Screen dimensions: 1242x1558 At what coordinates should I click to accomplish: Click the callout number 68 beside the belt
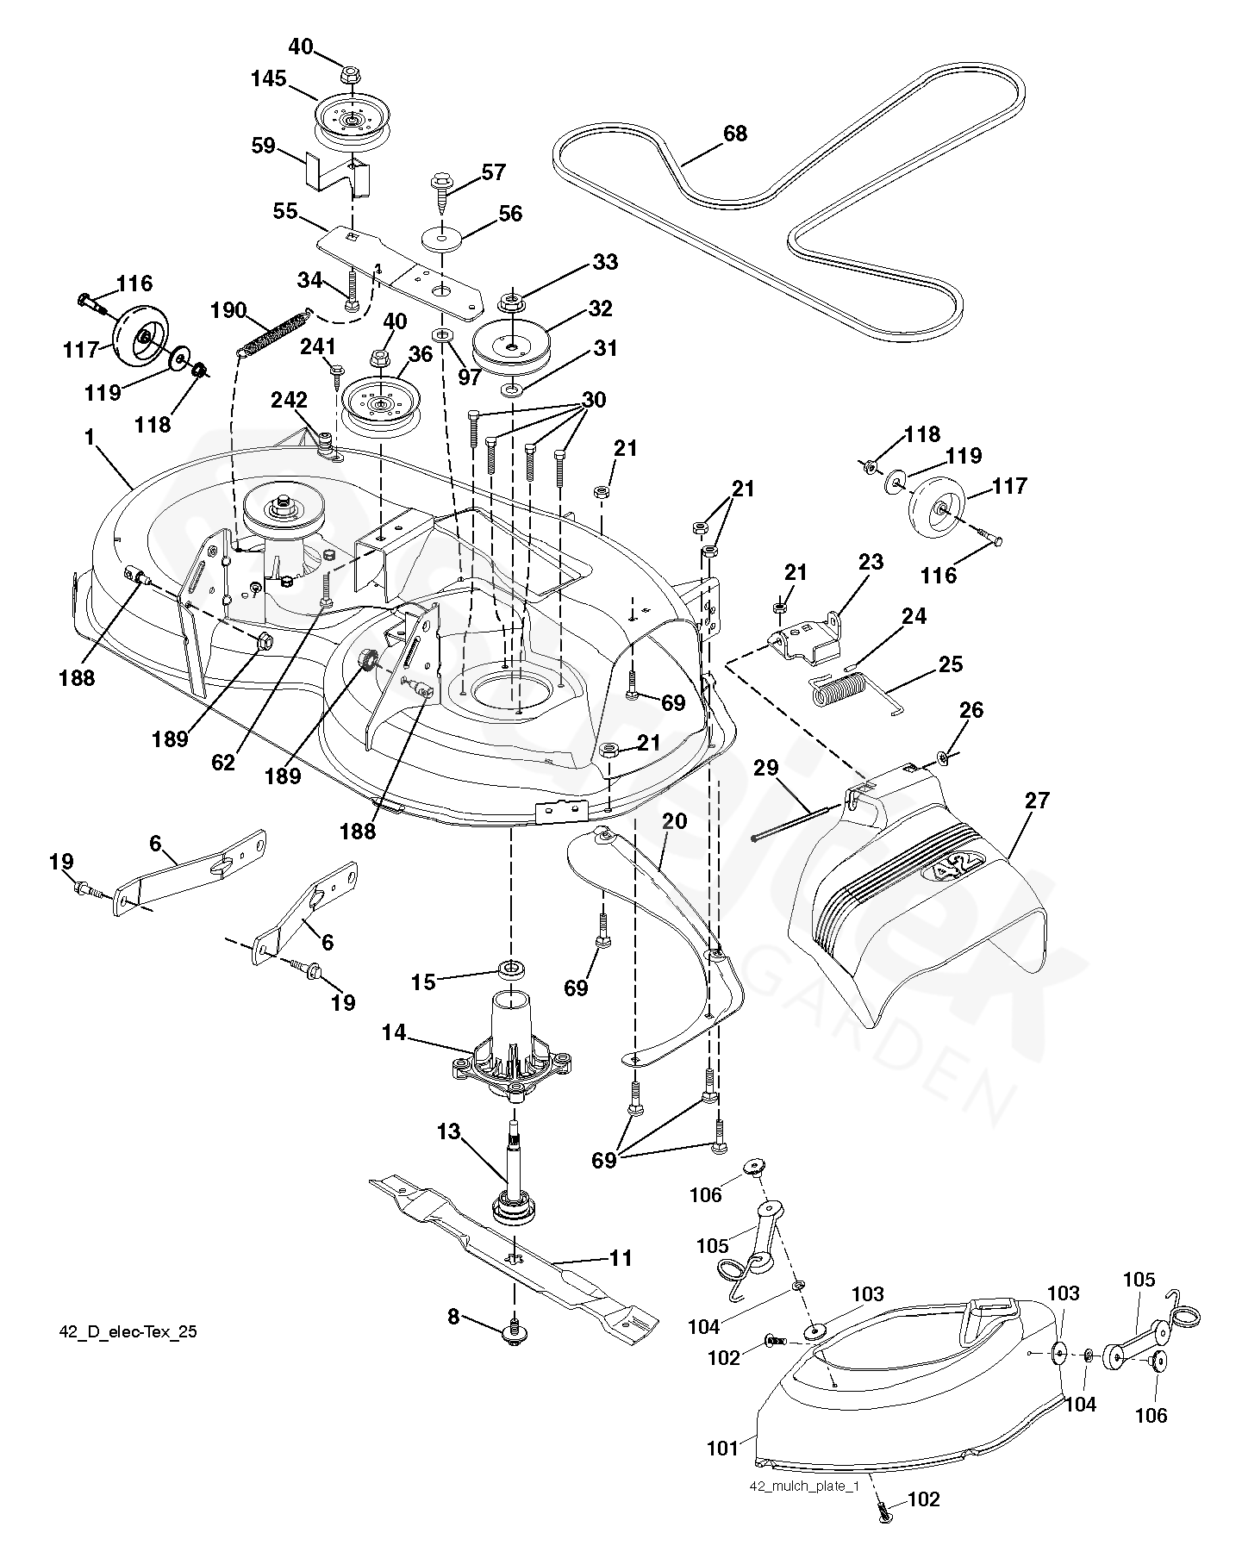click(x=735, y=134)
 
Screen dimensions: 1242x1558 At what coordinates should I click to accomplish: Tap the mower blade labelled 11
click(x=514, y=1241)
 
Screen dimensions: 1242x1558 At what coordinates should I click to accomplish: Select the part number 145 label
click(x=268, y=79)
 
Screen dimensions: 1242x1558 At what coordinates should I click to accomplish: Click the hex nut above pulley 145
click(x=349, y=74)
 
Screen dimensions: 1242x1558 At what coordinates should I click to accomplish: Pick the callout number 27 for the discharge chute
click(x=1038, y=801)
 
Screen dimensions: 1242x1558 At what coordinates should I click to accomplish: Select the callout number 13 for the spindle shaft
click(x=449, y=1131)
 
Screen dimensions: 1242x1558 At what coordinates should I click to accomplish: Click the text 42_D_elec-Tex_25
click(x=128, y=1332)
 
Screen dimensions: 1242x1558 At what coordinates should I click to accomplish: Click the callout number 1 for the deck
click(x=90, y=438)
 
